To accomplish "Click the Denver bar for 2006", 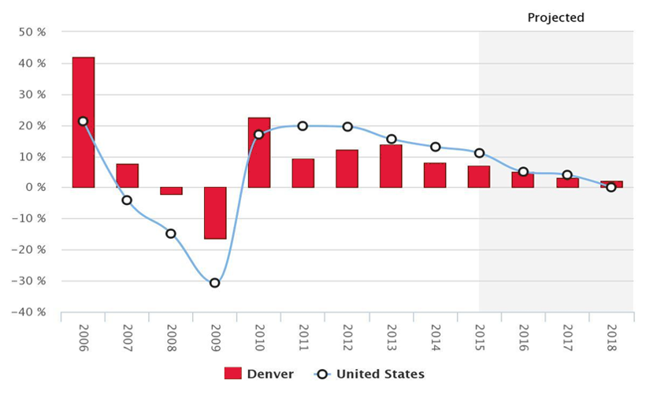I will pyautogui.click(x=84, y=122).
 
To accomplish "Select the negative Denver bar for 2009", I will pyautogui.click(x=215, y=213).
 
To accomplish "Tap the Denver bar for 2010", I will pyautogui.click(x=259, y=152).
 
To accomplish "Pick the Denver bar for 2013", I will pyautogui.click(x=391, y=166).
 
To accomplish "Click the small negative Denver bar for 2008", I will pyautogui.click(x=172, y=191).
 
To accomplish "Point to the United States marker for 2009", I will pyautogui.click(x=215, y=282).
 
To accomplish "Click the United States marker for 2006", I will pyautogui.click(x=84, y=121).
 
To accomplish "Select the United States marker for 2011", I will pyautogui.click(x=303, y=126).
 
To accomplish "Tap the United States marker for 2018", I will pyautogui.click(x=611, y=188).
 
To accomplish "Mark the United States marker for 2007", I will pyautogui.click(x=127, y=200).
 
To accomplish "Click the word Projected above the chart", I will pyautogui.click(x=555, y=17).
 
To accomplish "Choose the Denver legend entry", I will pyautogui.click(x=260, y=374).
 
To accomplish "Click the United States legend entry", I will pyautogui.click(x=369, y=374).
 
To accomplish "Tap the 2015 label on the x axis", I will pyautogui.click(x=479, y=337).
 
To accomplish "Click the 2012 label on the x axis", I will pyautogui.click(x=347, y=337).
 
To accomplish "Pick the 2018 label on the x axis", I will pyautogui.click(x=611, y=337).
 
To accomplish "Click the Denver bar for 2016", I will pyautogui.click(x=522, y=180).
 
